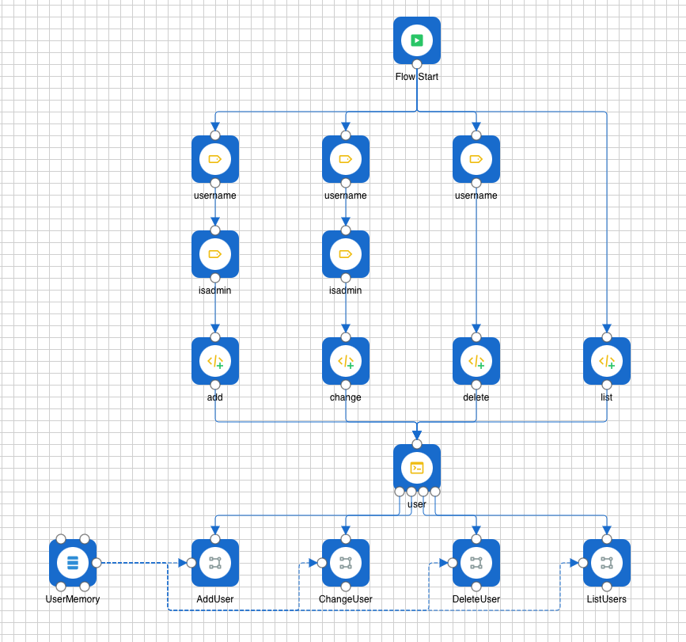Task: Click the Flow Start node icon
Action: click(x=417, y=40)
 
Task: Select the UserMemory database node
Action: click(x=73, y=563)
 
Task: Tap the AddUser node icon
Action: click(x=215, y=563)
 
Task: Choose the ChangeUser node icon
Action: click(x=346, y=563)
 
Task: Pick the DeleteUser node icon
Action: click(x=476, y=563)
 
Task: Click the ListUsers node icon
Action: click(x=607, y=563)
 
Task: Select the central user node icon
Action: click(x=417, y=468)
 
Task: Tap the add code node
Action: click(x=215, y=361)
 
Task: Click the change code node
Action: click(x=346, y=361)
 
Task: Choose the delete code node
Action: click(x=476, y=361)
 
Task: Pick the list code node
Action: click(x=607, y=361)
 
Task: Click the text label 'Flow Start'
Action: click(x=417, y=77)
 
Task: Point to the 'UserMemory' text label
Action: click(x=73, y=599)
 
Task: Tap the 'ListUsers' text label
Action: click(x=607, y=599)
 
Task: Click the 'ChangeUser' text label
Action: click(x=346, y=599)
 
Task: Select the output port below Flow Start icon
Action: click(x=417, y=64)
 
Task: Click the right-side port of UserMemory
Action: click(x=97, y=563)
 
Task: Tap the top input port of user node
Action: click(x=417, y=444)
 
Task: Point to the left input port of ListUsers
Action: click(x=583, y=563)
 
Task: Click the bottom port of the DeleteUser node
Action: click(x=476, y=587)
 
